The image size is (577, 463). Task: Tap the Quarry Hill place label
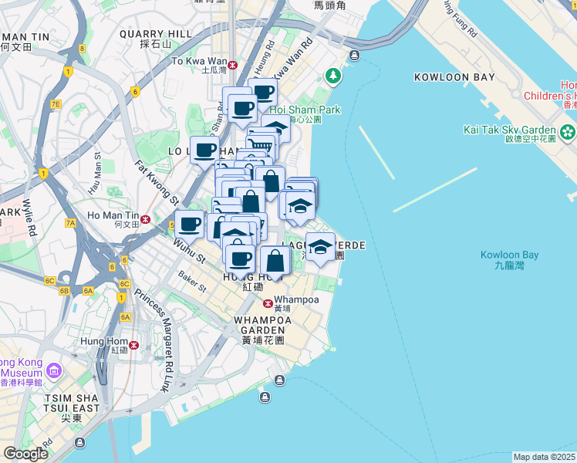point(156,34)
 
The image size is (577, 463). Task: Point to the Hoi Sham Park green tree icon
point(333,76)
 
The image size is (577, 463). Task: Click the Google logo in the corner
point(25,454)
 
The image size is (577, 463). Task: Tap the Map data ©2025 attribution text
point(545,457)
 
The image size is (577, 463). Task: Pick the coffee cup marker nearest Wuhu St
point(190,225)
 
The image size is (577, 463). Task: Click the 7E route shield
point(55,103)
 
